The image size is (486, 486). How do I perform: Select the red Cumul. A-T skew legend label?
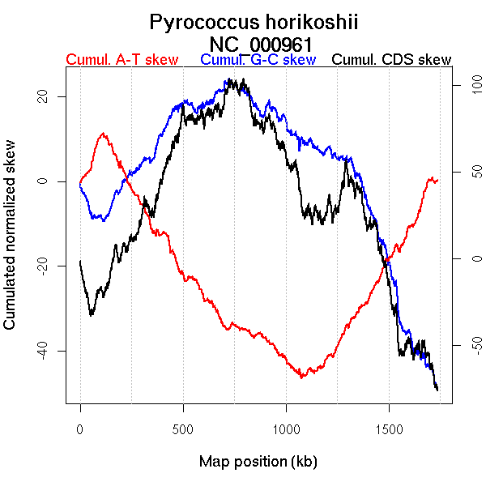pos(122,60)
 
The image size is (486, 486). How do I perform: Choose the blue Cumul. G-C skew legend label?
pos(258,60)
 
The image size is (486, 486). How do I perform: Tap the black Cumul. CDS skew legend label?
pos(392,60)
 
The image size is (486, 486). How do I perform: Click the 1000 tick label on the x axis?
pos(286,430)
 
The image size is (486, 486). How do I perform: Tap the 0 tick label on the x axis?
pos(80,430)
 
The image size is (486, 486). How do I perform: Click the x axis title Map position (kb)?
pos(258,462)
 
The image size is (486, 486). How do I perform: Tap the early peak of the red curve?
pos(102,134)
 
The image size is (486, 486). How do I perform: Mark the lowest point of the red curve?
pos(301,377)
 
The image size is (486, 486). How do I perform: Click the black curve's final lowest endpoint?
pos(437,390)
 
